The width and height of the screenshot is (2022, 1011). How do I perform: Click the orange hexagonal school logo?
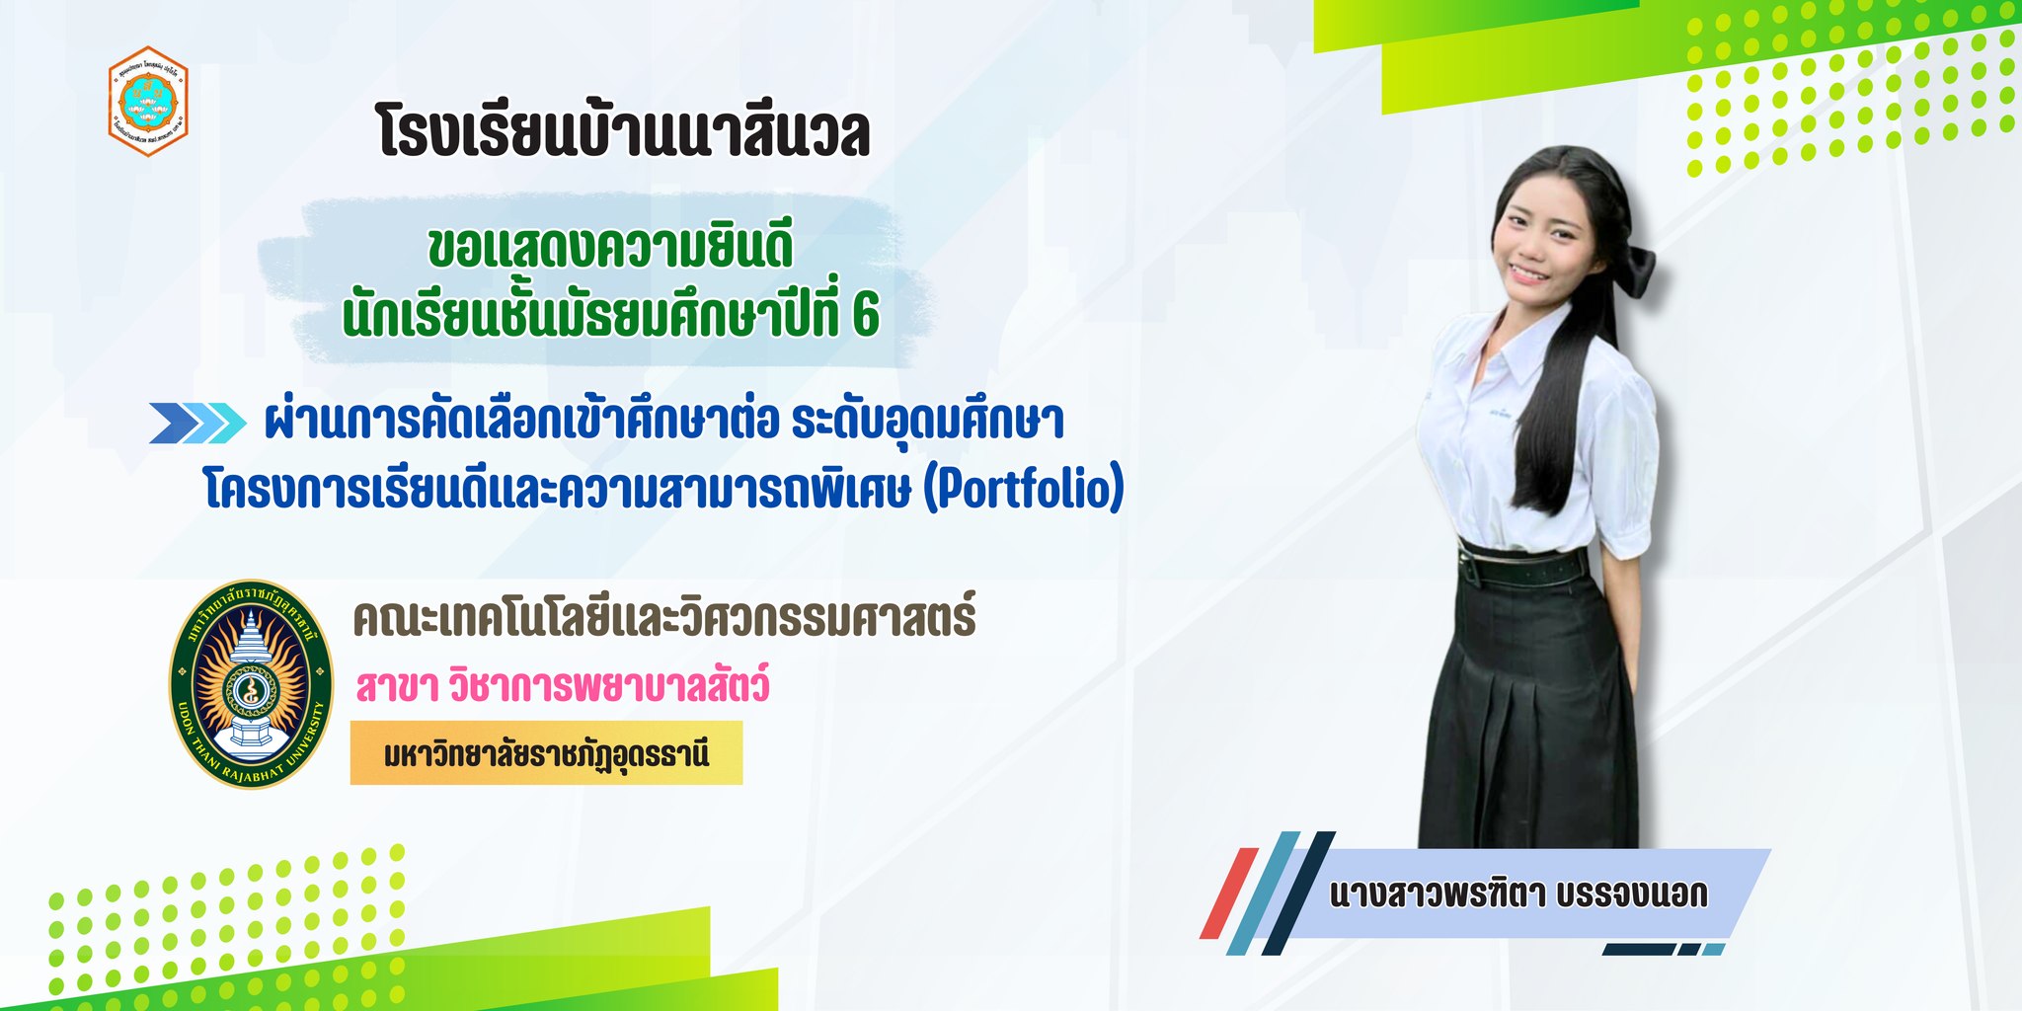pos(148,102)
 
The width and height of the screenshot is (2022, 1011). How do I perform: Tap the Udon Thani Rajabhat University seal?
pos(250,684)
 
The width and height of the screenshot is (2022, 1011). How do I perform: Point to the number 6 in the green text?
pos(865,315)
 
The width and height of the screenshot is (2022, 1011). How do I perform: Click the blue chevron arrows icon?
pos(197,423)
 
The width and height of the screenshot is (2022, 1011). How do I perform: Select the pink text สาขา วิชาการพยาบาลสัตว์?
pos(563,685)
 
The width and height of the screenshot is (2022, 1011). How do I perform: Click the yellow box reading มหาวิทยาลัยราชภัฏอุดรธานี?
pos(546,753)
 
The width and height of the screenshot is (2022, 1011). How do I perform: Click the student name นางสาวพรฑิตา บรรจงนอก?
pos(1518,894)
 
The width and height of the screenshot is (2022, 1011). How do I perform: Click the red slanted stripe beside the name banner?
pos(1228,893)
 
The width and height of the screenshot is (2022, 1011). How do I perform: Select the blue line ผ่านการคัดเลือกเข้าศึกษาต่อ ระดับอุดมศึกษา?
pos(664,422)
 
